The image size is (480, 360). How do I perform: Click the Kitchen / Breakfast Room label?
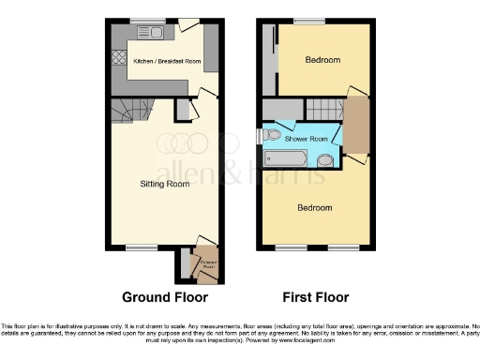[168, 61]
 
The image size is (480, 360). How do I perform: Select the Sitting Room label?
[166, 184]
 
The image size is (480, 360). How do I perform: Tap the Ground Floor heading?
[165, 297]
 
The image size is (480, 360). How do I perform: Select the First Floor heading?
[314, 297]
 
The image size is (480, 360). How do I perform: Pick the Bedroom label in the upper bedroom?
[322, 60]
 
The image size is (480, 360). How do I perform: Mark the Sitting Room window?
[142, 247]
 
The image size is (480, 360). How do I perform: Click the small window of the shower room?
[261, 137]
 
